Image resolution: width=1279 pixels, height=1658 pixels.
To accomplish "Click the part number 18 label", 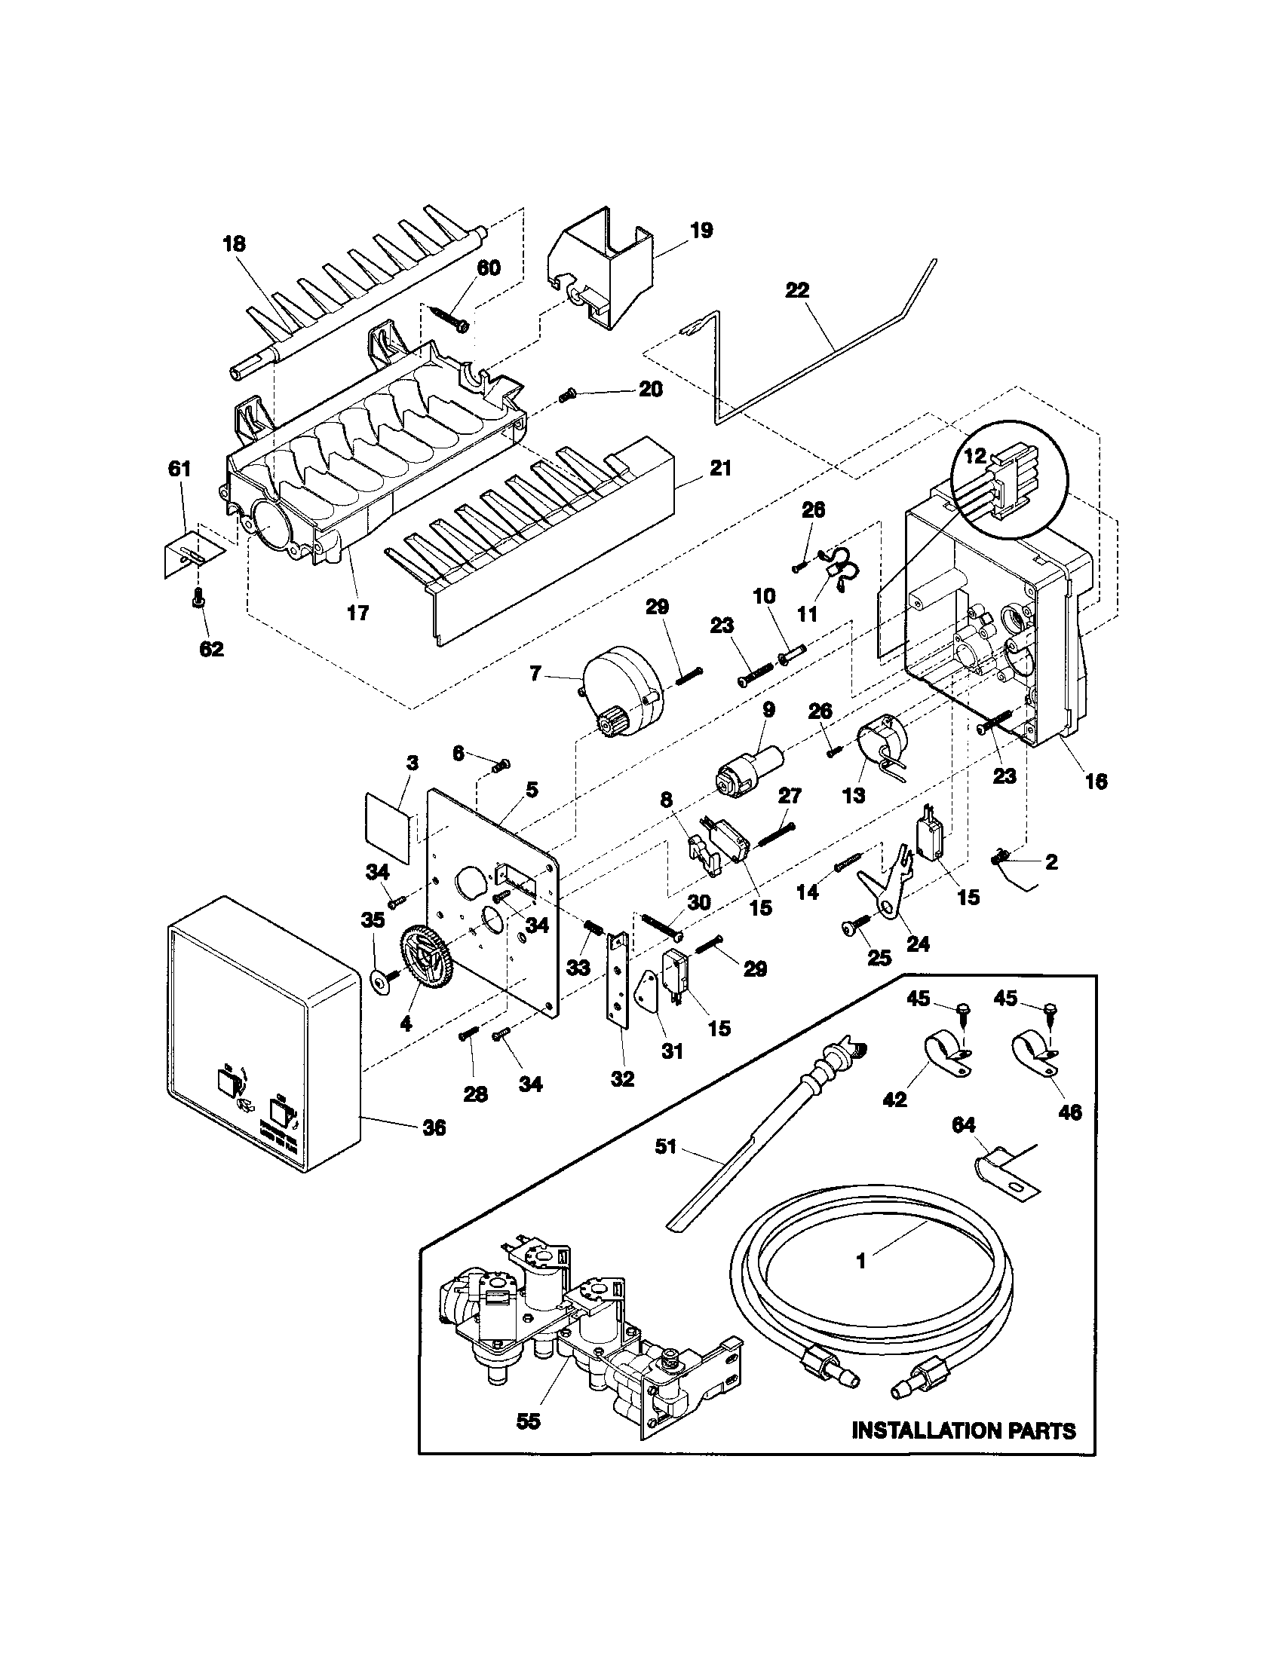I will pyautogui.click(x=234, y=244).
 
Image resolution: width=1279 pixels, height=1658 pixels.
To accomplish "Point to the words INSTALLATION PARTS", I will pyautogui.click(x=964, y=1431).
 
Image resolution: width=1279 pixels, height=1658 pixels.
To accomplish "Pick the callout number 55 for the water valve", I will pyautogui.click(x=528, y=1421).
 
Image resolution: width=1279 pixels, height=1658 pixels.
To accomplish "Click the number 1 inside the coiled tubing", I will pyautogui.click(x=860, y=1261).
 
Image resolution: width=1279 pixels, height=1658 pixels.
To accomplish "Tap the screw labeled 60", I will pyautogui.click(x=448, y=317).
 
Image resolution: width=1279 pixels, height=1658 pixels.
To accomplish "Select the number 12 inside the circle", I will pyautogui.click(x=975, y=456).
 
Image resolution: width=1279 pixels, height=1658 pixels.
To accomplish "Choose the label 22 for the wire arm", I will pyautogui.click(x=797, y=290).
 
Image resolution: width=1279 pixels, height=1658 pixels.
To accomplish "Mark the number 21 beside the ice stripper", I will pyautogui.click(x=719, y=469).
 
